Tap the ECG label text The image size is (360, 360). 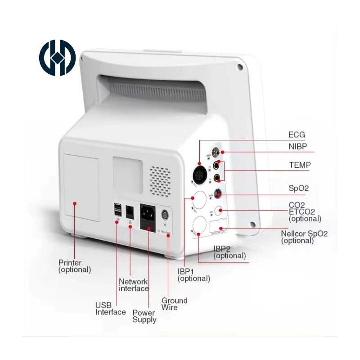coord(297,135)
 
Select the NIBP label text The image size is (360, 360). coord(298,146)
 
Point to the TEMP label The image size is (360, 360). coord(300,165)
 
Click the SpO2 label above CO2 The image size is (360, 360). coord(298,188)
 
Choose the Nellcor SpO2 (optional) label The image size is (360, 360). coord(304,237)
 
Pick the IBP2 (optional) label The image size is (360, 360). coord(229,252)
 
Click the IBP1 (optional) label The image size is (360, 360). coord(193,274)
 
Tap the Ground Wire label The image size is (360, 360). coord(174,304)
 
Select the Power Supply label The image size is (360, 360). coord(144,316)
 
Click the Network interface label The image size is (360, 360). coord(134,285)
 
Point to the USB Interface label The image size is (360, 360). coord(110,309)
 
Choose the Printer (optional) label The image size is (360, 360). coord(75,266)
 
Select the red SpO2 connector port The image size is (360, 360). coord(219,193)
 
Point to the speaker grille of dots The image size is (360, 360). coord(160,180)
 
